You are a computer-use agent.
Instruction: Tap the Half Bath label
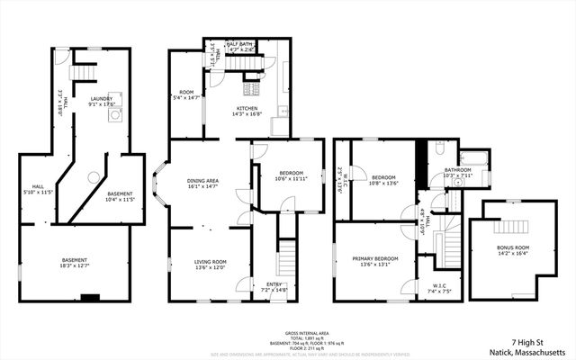pos(238,44)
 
